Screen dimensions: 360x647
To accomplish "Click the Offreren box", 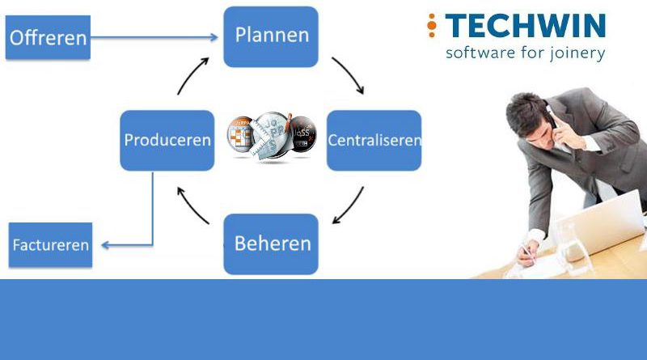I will [48, 37].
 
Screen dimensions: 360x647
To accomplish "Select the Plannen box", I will [271, 36].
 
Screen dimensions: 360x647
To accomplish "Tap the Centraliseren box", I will [374, 140].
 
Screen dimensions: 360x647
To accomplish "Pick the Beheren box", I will [271, 244].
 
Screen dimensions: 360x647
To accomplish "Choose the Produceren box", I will [167, 140].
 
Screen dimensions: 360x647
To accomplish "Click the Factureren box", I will [50, 244].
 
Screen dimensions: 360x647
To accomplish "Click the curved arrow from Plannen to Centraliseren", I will [347, 76].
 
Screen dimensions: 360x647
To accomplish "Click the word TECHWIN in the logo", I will [526, 25].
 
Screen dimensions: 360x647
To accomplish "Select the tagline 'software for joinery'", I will [525, 53].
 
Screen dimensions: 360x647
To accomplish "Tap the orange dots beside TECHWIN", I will [432, 25].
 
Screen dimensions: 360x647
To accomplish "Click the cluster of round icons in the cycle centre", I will [270, 136].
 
